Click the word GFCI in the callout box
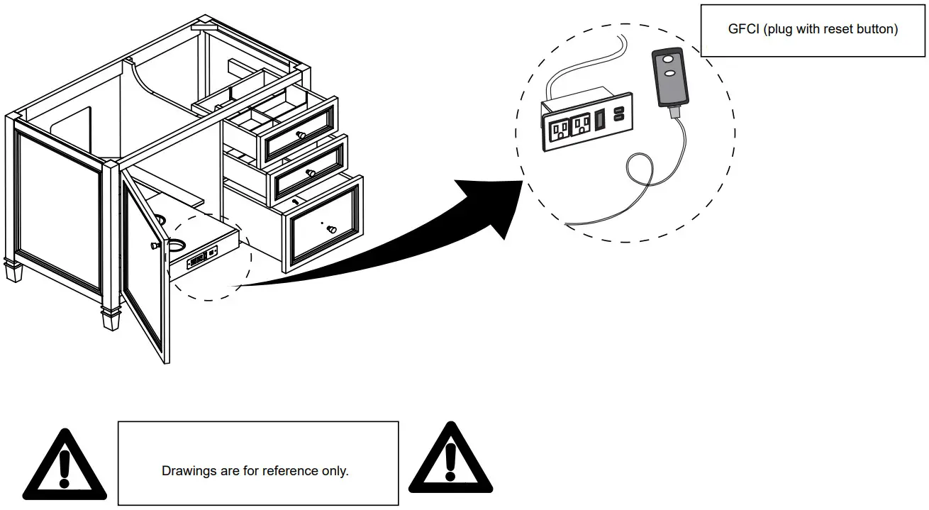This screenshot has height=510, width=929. [x=743, y=29]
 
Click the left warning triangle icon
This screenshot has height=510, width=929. [x=64, y=465]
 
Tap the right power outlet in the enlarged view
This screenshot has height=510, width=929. [x=581, y=124]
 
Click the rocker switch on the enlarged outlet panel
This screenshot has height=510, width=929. [x=600, y=119]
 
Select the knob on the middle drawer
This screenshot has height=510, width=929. [x=309, y=172]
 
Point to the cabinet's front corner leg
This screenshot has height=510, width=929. [x=111, y=320]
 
